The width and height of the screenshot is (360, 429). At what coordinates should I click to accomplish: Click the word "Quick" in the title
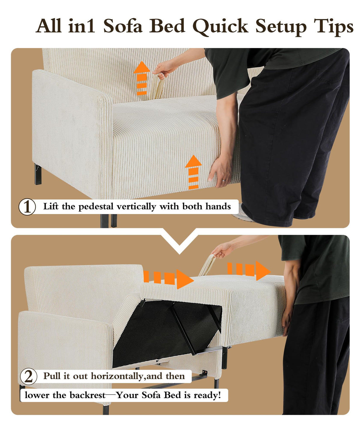click(x=220, y=27)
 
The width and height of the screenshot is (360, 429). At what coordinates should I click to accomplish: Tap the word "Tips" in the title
click(x=333, y=27)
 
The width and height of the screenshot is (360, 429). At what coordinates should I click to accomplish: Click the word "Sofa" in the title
click(x=122, y=26)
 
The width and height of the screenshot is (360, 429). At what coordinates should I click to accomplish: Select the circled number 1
click(x=27, y=207)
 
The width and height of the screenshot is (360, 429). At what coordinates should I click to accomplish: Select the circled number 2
click(x=28, y=376)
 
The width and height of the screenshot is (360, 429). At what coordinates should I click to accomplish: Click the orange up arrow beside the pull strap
click(x=142, y=78)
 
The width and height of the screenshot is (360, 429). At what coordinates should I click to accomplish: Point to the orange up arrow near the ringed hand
click(x=193, y=172)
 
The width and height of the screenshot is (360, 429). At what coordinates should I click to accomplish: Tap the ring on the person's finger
click(x=224, y=180)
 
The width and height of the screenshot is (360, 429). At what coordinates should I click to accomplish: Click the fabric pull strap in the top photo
click(x=158, y=86)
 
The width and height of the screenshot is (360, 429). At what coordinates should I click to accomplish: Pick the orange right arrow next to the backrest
click(x=168, y=279)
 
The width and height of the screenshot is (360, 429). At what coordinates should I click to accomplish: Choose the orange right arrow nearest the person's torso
click(x=249, y=270)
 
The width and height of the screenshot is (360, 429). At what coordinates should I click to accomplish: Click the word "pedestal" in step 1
click(x=96, y=207)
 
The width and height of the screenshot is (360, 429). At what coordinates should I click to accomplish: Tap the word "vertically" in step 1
click(x=136, y=207)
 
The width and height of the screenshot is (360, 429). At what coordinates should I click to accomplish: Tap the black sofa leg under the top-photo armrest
click(x=38, y=174)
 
